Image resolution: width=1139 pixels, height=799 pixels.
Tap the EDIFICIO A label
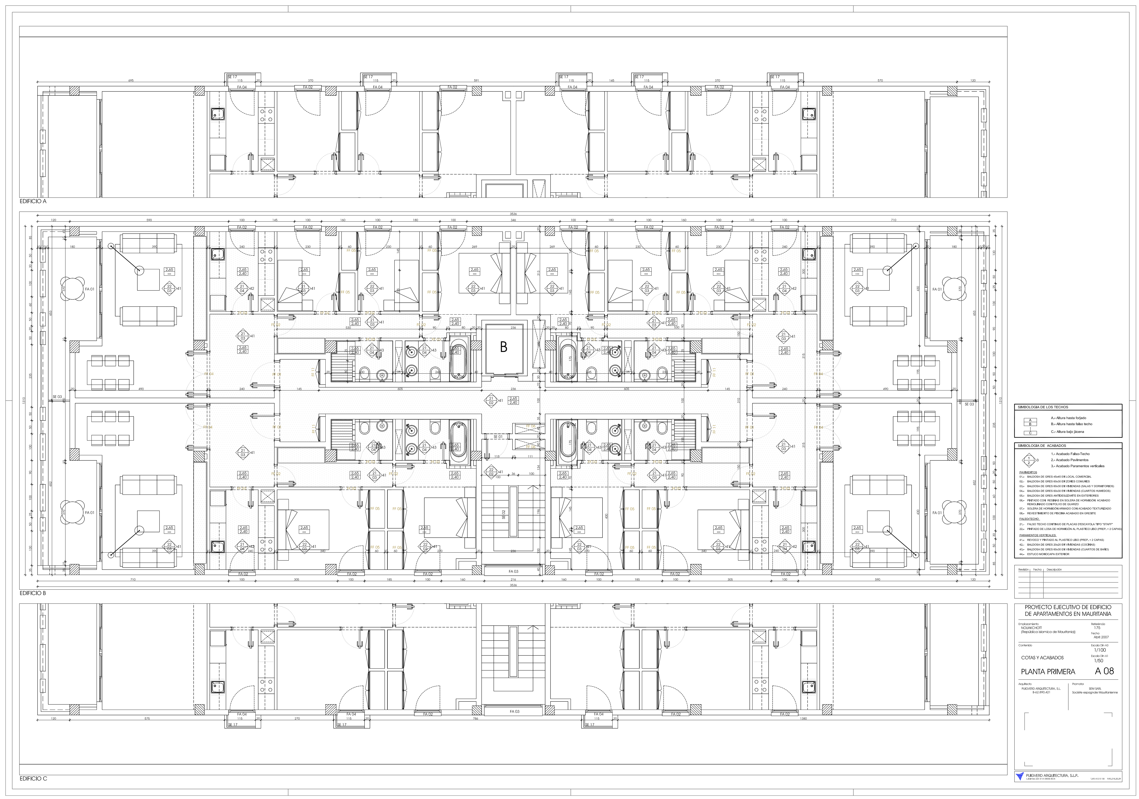(x=33, y=201)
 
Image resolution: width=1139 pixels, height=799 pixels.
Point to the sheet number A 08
(x=1104, y=671)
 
